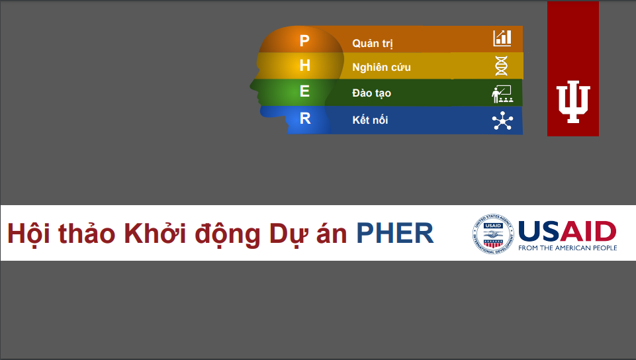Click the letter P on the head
[304, 40]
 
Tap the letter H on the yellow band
[304, 66]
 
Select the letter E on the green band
[304, 91]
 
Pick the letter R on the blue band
[305, 118]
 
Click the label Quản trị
[373, 44]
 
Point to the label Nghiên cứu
[381, 67]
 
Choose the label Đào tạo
[371, 93]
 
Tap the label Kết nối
[370, 120]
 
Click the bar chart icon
[502, 38]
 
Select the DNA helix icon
[502, 66]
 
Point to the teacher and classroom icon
[502, 94]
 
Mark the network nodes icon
[502, 120]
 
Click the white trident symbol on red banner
[572, 101]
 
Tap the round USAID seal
[493, 234]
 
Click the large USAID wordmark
[567, 231]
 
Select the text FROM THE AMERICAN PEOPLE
[567, 247]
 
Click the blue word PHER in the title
[395, 233]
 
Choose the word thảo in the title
[87, 233]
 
